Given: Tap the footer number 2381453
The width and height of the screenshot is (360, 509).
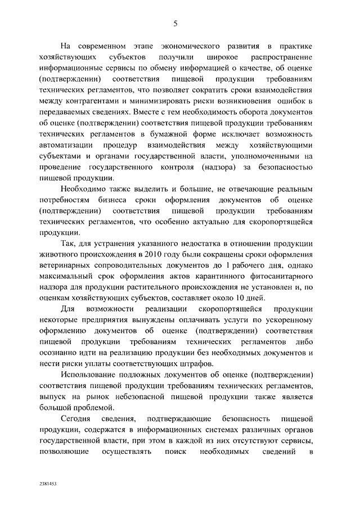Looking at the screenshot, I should [49, 483].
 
